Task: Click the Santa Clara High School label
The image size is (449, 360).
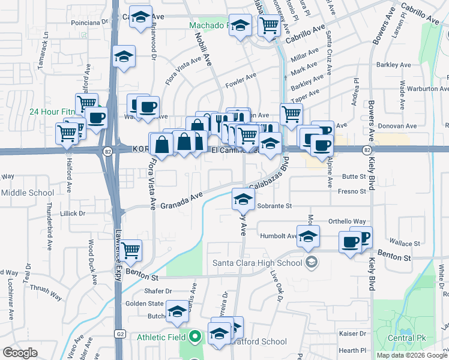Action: click(257, 263)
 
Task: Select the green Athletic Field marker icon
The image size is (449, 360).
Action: click(194, 337)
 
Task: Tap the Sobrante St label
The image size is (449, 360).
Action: click(274, 206)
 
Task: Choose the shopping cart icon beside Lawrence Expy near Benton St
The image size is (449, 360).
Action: click(131, 250)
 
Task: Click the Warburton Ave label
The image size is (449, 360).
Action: click(428, 88)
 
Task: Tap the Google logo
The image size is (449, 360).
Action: click(20, 353)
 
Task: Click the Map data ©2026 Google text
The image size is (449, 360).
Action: click(412, 355)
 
